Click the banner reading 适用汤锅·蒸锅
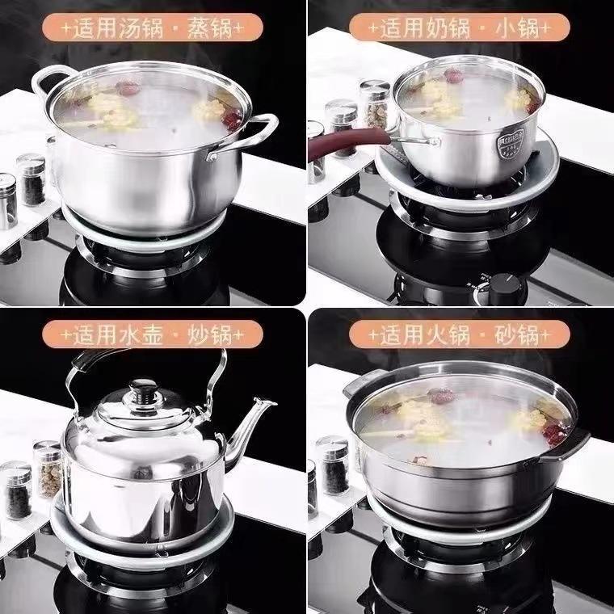[153, 27]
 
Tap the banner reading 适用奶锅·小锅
[460, 27]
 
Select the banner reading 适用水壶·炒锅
[153, 334]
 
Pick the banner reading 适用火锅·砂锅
[460, 334]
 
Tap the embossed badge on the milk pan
[511, 143]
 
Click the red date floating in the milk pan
[454, 75]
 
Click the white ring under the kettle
[143, 556]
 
